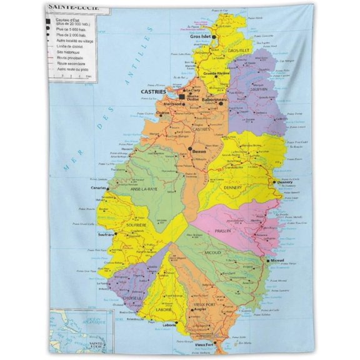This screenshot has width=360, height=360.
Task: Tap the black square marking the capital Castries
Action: (182, 97)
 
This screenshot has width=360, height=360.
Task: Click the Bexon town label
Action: (199, 151)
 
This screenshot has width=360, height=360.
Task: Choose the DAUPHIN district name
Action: (259, 89)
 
